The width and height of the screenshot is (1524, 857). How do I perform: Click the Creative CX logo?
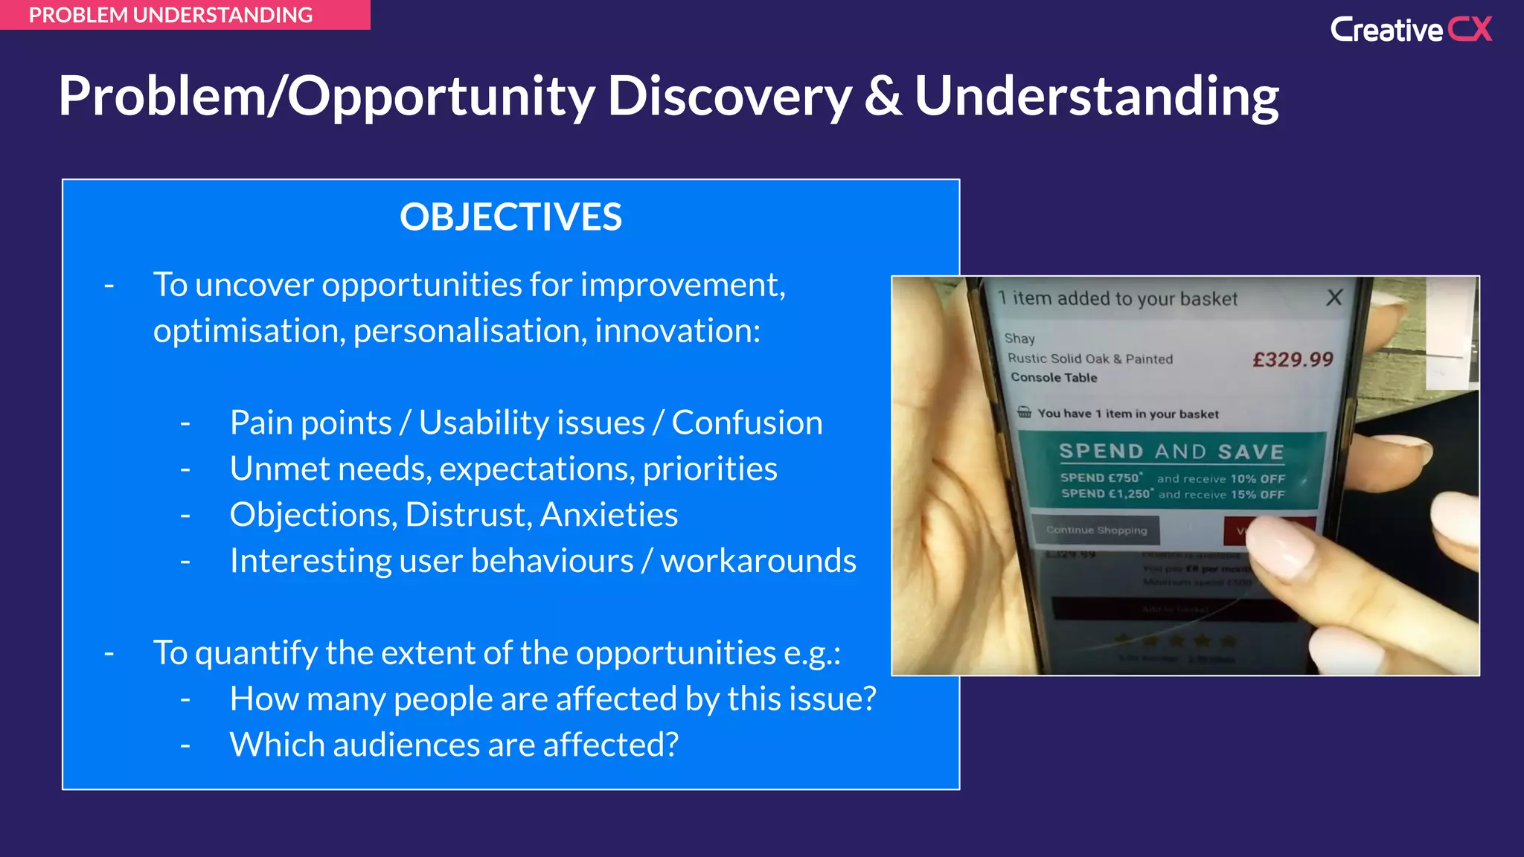pos(1410,30)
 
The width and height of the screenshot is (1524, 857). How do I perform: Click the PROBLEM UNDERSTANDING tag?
pos(170,15)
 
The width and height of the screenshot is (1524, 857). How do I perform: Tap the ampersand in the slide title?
pos(883,97)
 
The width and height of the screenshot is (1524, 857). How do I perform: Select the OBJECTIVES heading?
pos(510,217)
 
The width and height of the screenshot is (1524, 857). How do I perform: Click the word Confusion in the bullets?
pos(747,423)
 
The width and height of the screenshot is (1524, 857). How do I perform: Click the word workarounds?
pos(758,561)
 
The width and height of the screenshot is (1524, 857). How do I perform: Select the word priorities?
pos(710,469)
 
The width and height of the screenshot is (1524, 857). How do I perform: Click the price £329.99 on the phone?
pos(1293,360)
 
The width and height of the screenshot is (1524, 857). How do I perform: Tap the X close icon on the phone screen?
pos(1334,298)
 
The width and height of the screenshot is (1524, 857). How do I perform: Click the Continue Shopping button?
pos(1097,530)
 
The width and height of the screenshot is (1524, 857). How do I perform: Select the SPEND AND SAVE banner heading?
pos(1171,452)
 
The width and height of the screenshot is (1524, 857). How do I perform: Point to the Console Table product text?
pos(1054,377)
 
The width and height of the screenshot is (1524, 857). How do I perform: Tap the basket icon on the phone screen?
pos(1025,412)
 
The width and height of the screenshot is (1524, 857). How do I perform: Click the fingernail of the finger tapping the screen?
pos(1275,547)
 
